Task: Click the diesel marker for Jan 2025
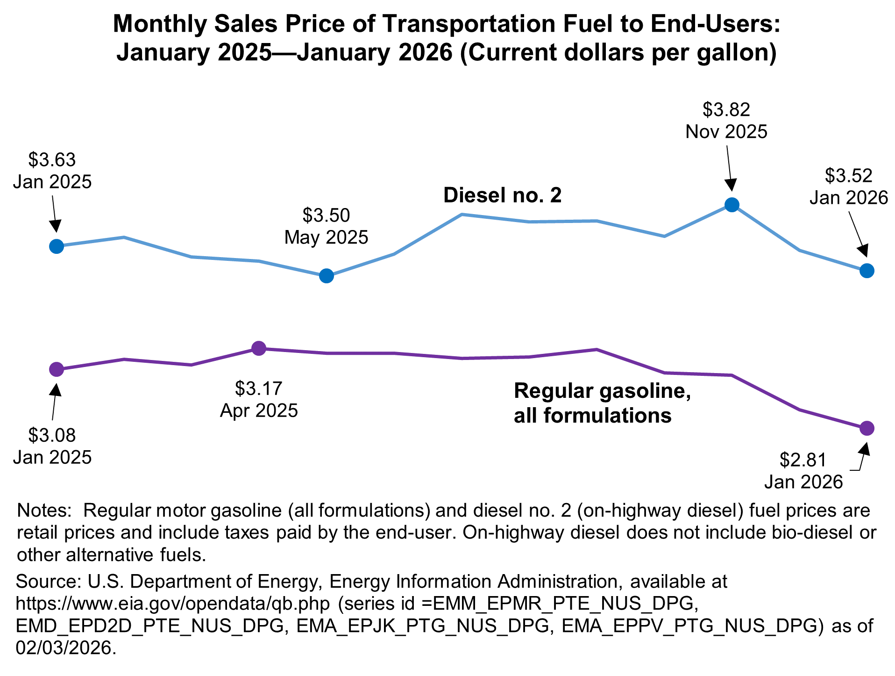point(56,246)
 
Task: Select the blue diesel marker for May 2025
point(326,276)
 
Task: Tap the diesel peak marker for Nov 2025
point(732,205)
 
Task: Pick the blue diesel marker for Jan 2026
point(867,271)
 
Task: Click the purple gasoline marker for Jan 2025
point(56,369)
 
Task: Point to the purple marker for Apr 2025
point(259,348)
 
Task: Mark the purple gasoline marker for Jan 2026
point(867,428)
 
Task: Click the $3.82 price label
point(726,110)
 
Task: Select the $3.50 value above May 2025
point(326,216)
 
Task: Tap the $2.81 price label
point(803,460)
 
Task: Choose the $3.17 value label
point(259,388)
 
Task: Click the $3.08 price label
point(52,435)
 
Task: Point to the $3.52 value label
point(848,176)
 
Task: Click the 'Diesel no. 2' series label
point(502,195)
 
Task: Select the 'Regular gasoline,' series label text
point(602,391)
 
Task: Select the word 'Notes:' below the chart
point(43,510)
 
